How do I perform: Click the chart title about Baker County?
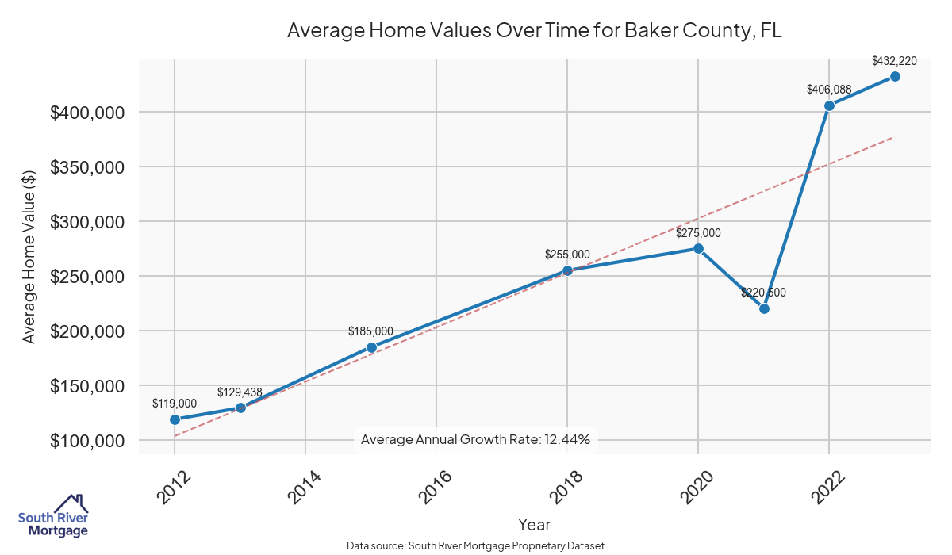535,31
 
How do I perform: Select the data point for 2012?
175,419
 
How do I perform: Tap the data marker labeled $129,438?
240,408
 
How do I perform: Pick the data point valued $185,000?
371,347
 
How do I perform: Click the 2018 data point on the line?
567,270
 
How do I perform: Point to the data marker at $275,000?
698,248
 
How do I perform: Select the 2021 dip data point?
764,308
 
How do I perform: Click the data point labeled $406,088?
829,105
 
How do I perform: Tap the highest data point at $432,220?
895,76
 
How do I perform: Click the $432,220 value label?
895,60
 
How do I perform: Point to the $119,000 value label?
175,404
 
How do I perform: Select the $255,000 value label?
567,255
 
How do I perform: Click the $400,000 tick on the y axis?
86,113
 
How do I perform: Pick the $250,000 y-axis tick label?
86,277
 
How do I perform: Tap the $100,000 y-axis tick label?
86,441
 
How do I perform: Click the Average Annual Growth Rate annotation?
475,439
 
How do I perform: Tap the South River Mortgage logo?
52,516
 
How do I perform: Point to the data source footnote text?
475,546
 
